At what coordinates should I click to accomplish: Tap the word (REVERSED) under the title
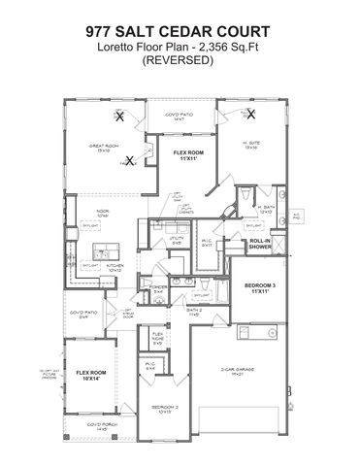tap(180, 60)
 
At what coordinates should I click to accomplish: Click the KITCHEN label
tap(115, 266)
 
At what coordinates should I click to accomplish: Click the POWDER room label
tap(160, 288)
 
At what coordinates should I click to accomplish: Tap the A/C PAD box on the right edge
tap(296, 214)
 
